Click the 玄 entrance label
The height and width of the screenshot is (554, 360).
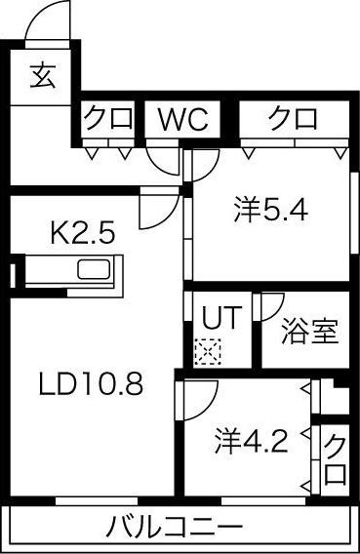coord(42,75)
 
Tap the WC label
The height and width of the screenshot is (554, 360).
coord(182,118)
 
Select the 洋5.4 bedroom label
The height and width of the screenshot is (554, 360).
coord(270,211)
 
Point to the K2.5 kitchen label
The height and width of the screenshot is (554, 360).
coord(83,233)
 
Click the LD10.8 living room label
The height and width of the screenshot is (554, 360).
coord(91,383)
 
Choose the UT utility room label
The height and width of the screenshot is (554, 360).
coord(221,317)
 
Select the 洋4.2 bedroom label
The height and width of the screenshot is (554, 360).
coord(251,441)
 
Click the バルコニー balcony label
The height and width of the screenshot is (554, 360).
coord(175,528)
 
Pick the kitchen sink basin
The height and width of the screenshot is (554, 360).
coord(94,270)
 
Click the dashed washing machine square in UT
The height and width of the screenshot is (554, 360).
coord(208,352)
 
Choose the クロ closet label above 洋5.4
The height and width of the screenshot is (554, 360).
coord(293,118)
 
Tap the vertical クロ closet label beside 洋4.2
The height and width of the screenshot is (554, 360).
coord(335,459)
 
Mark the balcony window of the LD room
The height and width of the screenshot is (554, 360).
coord(97,501)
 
